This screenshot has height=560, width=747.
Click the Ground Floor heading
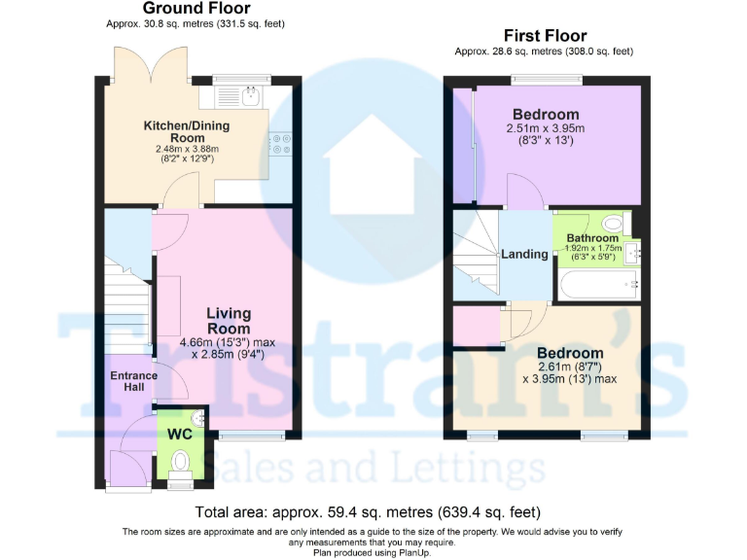pyautogui.click(x=196, y=9)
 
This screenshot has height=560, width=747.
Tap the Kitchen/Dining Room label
pyautogui.click(x=188, y=131)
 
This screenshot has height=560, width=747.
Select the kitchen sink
pyautogui.click(x=251, y=95)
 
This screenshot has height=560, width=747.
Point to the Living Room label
pyautogui.click(x=229, y=321)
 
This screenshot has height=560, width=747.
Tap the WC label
pyautogui.click(x=180, y=434)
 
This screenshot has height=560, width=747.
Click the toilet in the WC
pyautogui.click(x=179, y=477)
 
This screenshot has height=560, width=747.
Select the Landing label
pyautogui.click(x=524, y=254)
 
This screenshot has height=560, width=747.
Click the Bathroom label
pyautogui.click(x=592, y=238)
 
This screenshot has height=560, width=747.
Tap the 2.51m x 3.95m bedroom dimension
pyautogui.click(x=545, y=128)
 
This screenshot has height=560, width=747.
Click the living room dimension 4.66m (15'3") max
pyautogui.click(x=228, y=342)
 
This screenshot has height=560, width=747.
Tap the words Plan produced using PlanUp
pyautogui.click(x=373, y=552)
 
